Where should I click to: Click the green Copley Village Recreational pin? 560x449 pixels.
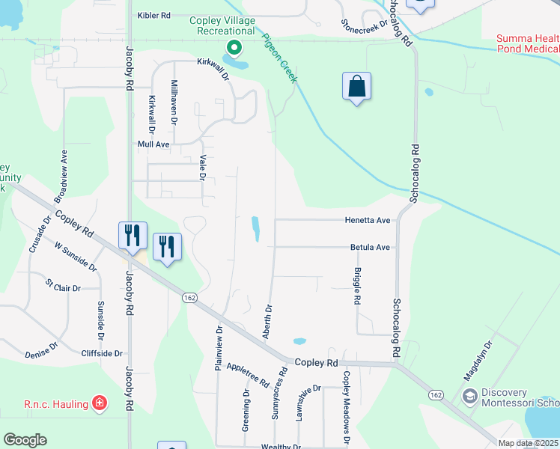pyautogui.click(x=234, y=49)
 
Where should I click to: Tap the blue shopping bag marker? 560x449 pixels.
pyautogui.click(x=357, y=86)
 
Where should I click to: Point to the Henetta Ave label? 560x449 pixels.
pyautogui.click(x=368, y=221)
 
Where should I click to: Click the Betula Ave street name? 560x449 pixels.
pyautogui.click(x=370, y=247)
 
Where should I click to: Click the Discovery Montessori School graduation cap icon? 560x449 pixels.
pyautogui.click(x=470, y=396)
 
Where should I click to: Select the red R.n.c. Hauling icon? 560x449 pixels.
pyautogui.click(x=99, y=404)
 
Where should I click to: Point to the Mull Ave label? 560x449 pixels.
pyautogui.click(x=153, y=144)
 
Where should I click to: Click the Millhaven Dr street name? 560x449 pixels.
pyautogui.click(x=174, y=101)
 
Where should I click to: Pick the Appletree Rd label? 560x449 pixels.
pyautogui.click(x=247, y=374)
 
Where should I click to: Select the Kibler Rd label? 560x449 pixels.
pyautogui.click(x=154, y=15)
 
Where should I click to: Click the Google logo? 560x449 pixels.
pyautogui.click(x=25, y=440)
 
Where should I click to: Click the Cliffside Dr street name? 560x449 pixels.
pyautogui.click(x=103, y=352)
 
